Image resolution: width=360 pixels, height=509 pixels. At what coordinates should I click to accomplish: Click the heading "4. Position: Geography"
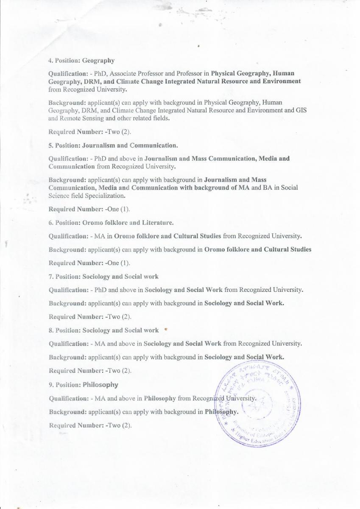pos(81,60)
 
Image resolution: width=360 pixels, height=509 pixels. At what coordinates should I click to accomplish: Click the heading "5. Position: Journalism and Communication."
pos(113,145)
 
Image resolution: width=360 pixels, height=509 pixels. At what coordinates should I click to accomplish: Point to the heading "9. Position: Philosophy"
pos(83,385)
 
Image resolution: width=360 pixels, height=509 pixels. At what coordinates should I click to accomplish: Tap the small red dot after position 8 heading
pos(165,329)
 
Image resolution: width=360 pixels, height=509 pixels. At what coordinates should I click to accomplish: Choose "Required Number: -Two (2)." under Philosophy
pos(90,425)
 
